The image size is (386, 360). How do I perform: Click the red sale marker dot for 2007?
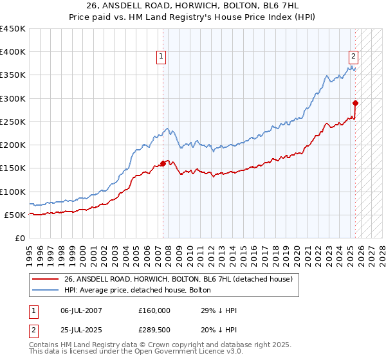[x=163, y=163]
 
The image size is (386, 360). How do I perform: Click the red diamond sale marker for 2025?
[x=355, y=103]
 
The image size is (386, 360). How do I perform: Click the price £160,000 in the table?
[x=154, y=310]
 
